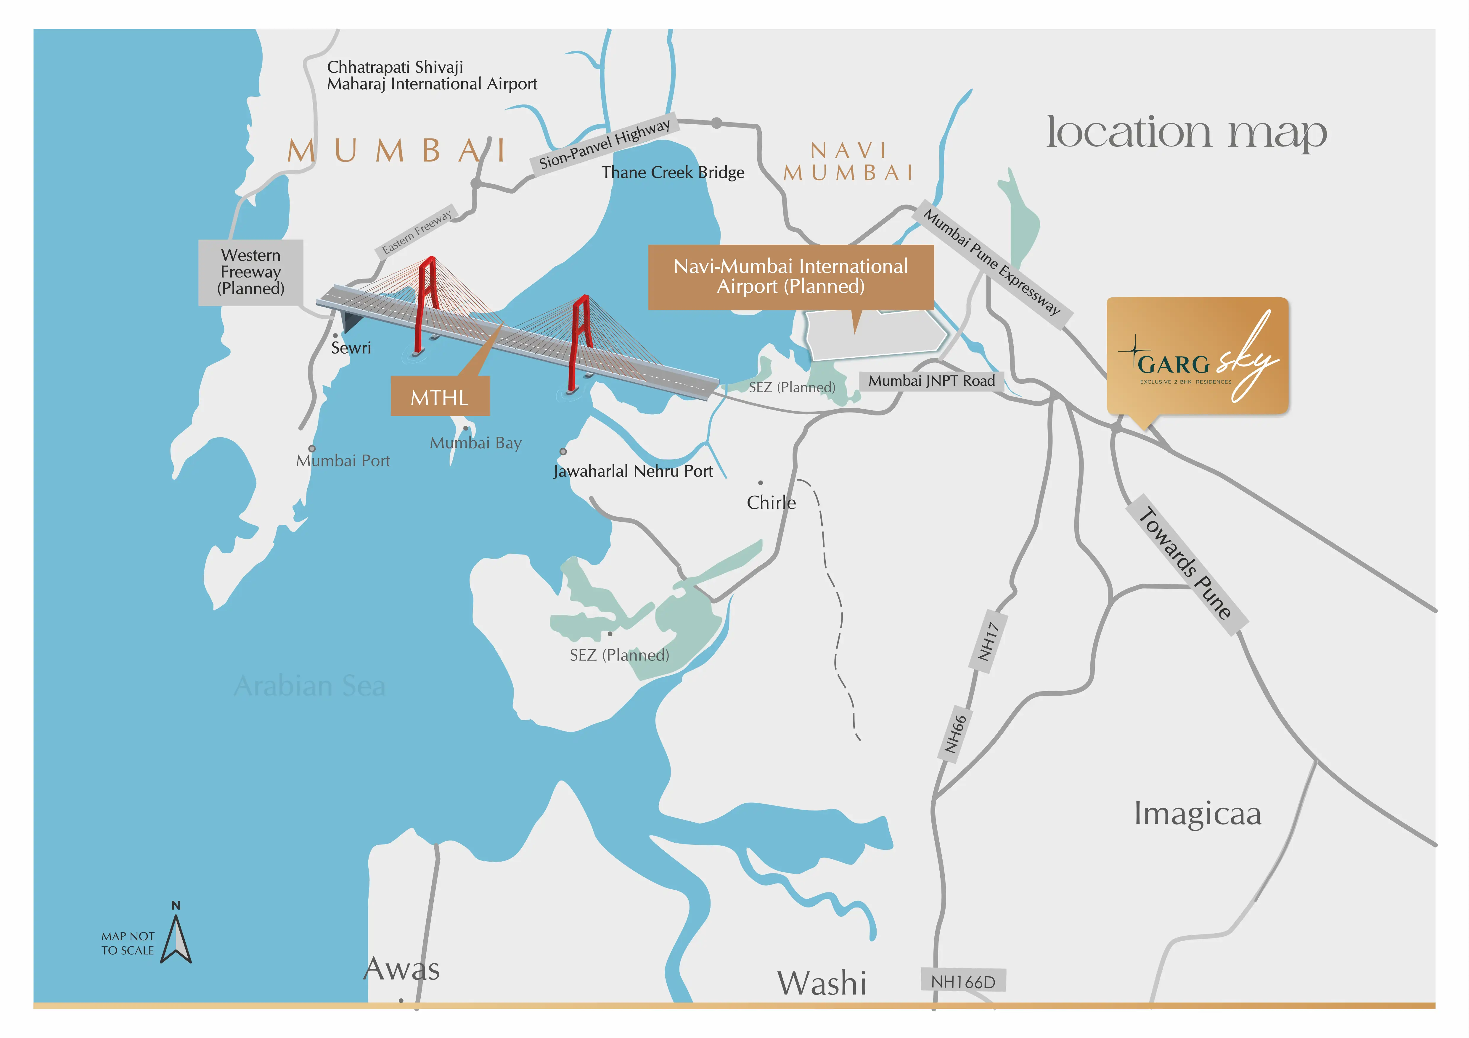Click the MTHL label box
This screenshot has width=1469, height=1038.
[x=440, y=396]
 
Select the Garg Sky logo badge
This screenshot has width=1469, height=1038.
[x=1197, y=356]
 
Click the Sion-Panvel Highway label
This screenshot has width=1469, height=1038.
[x=604, y=144]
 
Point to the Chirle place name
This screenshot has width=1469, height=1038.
[x=771, y=503]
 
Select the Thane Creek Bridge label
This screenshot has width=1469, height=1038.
[x=672, y=173]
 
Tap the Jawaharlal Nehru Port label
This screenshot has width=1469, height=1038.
[x=633, y=471]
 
